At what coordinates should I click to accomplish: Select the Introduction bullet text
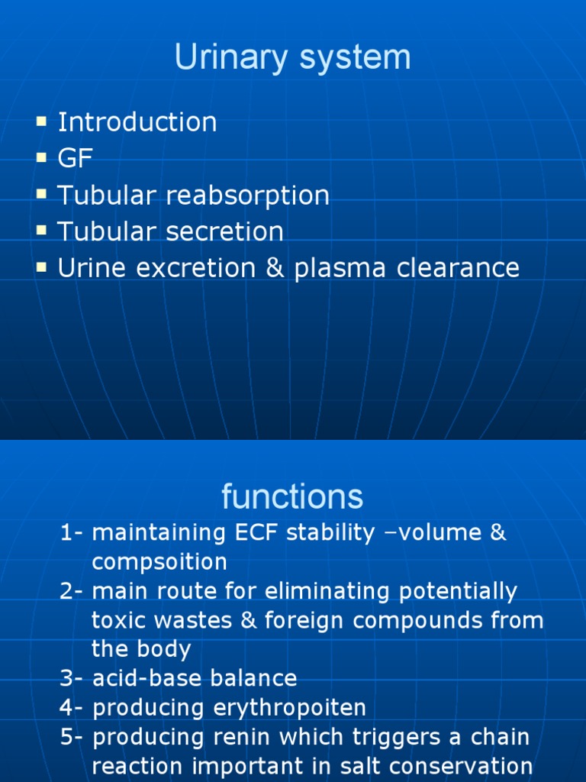137,122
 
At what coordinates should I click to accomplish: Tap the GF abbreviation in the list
75,159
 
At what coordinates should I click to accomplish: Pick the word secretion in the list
224,231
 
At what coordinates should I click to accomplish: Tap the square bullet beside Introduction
40,121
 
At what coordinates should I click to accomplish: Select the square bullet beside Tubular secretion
40,230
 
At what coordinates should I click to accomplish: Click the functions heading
292,497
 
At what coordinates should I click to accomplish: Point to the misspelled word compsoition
159,562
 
